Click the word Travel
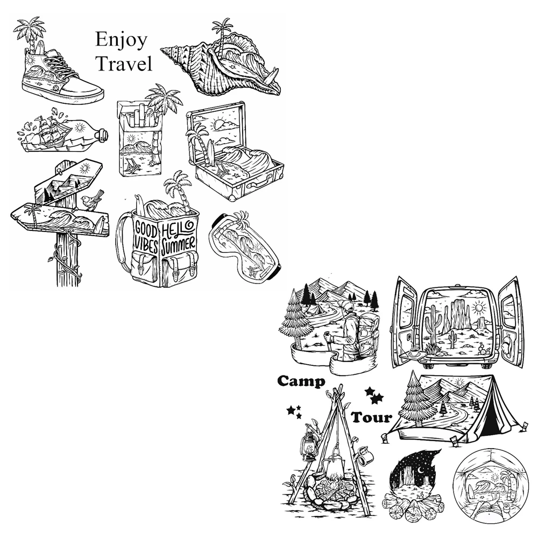coord(124,63)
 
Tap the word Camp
coord(301,381)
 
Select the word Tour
coord(372,417)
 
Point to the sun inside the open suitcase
coord(217,123)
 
